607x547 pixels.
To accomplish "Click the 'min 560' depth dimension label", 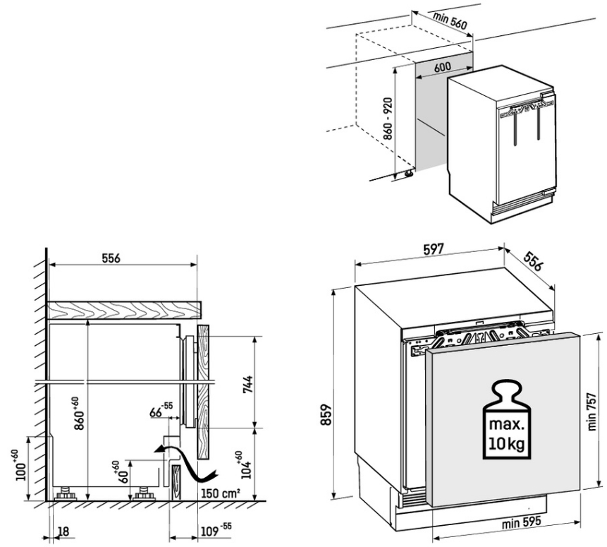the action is [450, 21].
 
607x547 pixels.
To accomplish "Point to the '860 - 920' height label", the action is [388, 119].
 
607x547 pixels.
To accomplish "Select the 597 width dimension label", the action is [433, 249].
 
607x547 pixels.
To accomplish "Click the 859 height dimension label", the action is [327, 414].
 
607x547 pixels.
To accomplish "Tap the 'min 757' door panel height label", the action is [592, 411].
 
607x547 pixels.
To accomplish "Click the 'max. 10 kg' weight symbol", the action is [507, 420].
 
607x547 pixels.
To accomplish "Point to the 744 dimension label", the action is [247, 385].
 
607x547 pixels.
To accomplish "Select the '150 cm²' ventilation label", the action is [220, 493].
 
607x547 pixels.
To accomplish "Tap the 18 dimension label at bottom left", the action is [63, 531].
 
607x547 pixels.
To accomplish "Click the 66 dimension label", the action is [161, 410].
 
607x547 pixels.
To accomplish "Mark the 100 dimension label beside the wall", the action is [23, 466].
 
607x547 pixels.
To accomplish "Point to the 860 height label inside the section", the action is [79, 414].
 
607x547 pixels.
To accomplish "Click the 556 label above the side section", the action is [111, 258].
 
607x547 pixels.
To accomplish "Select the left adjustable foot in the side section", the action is [66, 493].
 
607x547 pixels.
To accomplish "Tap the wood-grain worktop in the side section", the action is [124, 310].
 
